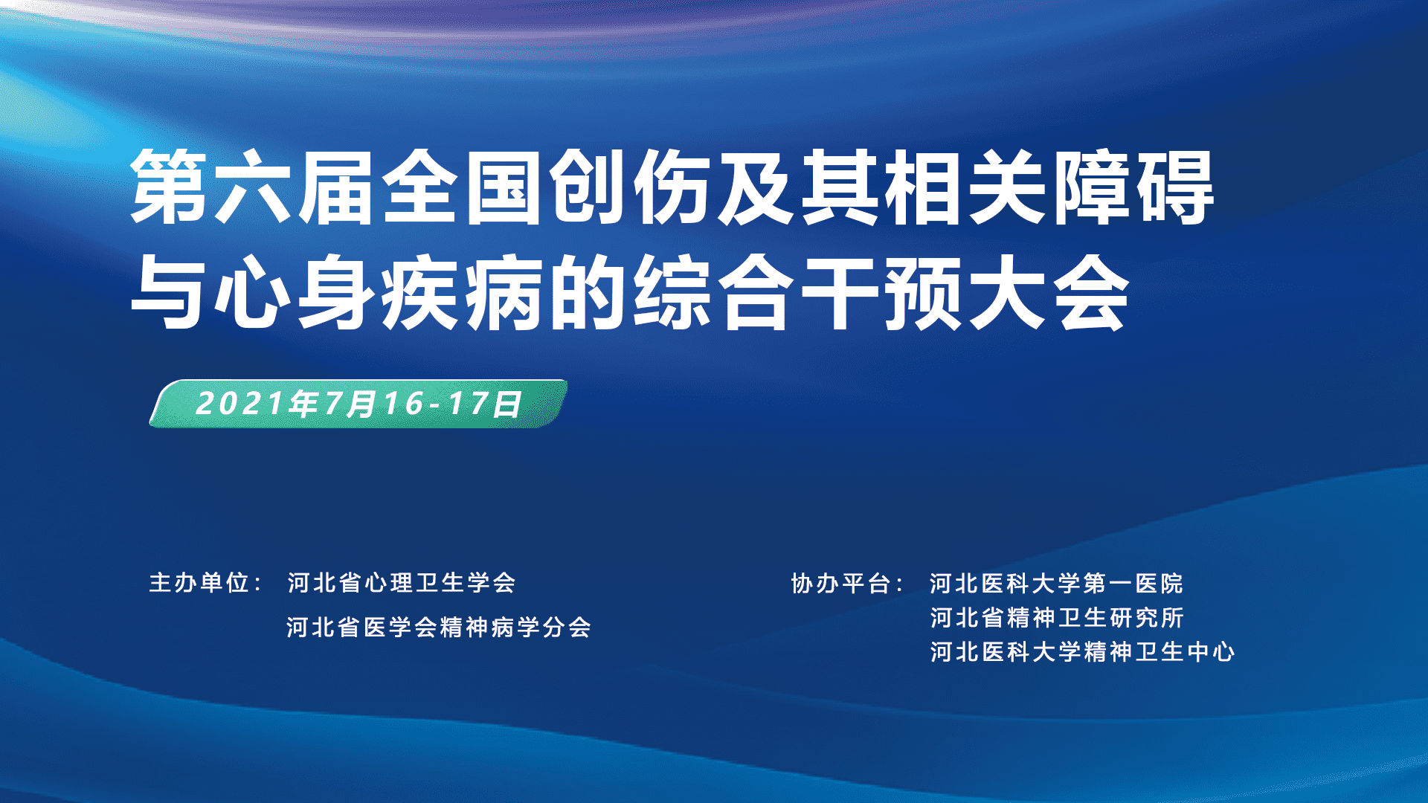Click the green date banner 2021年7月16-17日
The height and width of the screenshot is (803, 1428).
click(x=358, y=404)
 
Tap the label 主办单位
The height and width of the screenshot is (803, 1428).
click(x=199, y=583)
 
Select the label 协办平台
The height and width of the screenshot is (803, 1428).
click(x=841, y=584)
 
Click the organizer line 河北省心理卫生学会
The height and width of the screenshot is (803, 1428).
click(x=402, y=583)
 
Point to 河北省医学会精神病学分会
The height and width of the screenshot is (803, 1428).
click(x=439, y=628)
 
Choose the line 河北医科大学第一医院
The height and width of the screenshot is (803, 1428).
click(x=1056, y=584)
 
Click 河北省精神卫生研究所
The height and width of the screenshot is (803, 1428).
click(x=1056, y=618)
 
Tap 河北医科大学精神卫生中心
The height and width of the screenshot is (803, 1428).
click(x=1082, y=652)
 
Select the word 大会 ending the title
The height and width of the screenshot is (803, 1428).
click(x=1049, y=292)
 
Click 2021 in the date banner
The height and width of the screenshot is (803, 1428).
click(x=239, y=404)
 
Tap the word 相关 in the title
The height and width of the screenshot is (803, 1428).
click(x=965, y=187)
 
